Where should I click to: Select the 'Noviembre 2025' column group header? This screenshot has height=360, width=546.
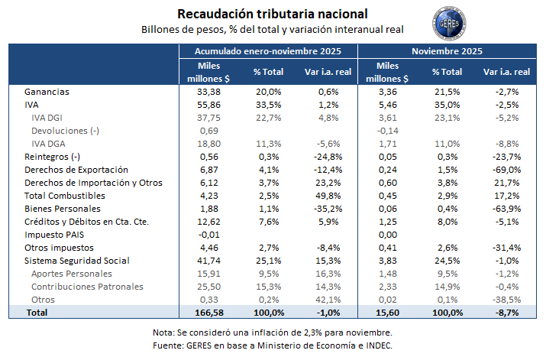click(x=446, y=51)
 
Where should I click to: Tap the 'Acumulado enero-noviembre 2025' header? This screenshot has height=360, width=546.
click(x=267, y=51)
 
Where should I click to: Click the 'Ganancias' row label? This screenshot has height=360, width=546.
click(x=47, y=92)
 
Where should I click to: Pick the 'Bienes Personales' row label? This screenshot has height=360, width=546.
click(x=63, y=209)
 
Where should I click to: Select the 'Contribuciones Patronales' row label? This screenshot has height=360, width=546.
click(x=87, y=287)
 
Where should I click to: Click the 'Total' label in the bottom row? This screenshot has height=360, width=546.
click(x=37, y=313)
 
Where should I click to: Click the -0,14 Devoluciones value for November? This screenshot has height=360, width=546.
click(x=389, y=131)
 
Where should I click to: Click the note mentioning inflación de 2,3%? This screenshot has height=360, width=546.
click(x=272, y=332)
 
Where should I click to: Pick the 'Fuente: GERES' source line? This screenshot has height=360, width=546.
click(x=272, y=345)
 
